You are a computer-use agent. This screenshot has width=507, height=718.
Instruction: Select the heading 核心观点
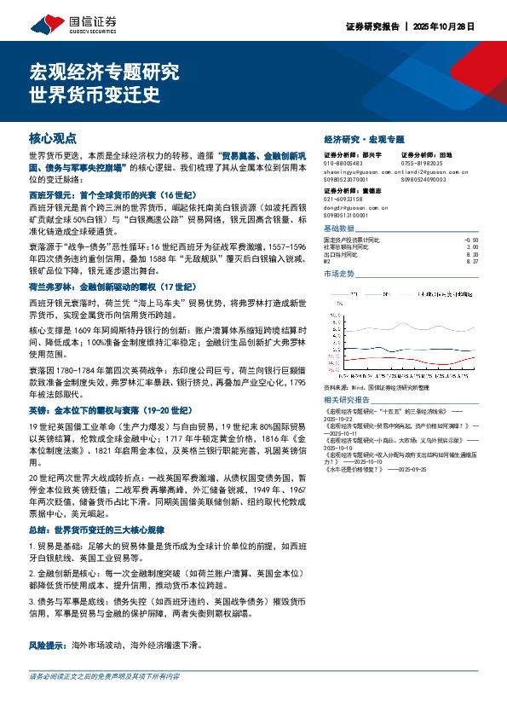(53, 136)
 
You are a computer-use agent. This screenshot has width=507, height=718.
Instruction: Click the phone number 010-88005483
(344, 163)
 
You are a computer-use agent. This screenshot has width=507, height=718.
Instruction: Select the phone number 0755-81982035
(423, 163)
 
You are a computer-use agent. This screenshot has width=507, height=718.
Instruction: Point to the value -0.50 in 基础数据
(471, 241)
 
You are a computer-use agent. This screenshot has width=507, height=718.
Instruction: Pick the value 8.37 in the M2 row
(473, 262)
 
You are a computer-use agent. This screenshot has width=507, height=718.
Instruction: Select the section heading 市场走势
(338, 274)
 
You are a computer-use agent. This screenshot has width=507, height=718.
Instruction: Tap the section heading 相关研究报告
(348, 400)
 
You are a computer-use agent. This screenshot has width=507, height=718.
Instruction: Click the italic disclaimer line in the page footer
(104, 700)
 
